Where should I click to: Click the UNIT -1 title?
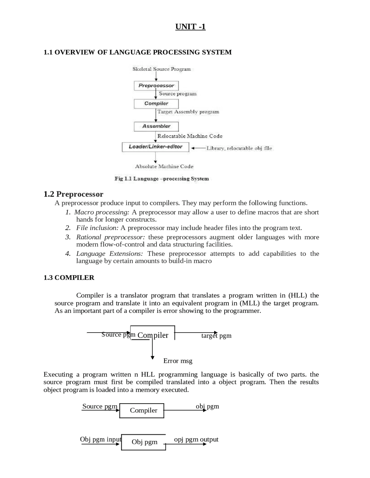tap(190, 27)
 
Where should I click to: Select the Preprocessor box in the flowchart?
tap(156, 86)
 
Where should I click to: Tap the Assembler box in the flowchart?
tap(156, 126)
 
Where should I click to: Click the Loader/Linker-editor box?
tap(156, 147)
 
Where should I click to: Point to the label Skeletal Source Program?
tap(162, 69)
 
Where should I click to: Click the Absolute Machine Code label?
tap(164, 167)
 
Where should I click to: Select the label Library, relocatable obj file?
tap(239, 148)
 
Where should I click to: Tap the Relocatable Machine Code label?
tap(190, 136)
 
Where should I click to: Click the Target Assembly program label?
tap(188, 112)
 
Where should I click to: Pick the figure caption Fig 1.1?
tap(162, 179)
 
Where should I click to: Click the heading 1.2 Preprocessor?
tap(73, 194)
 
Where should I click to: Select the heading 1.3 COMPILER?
tap(69, 278)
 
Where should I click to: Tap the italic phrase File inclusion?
tap(97, 228)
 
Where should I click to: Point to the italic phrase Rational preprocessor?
tap(110, 237)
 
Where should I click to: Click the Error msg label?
tap(178, 361)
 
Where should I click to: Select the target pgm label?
tap(216, 336)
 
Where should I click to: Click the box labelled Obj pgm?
tap(144, 442)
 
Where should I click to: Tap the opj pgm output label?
tap(196, 439)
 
